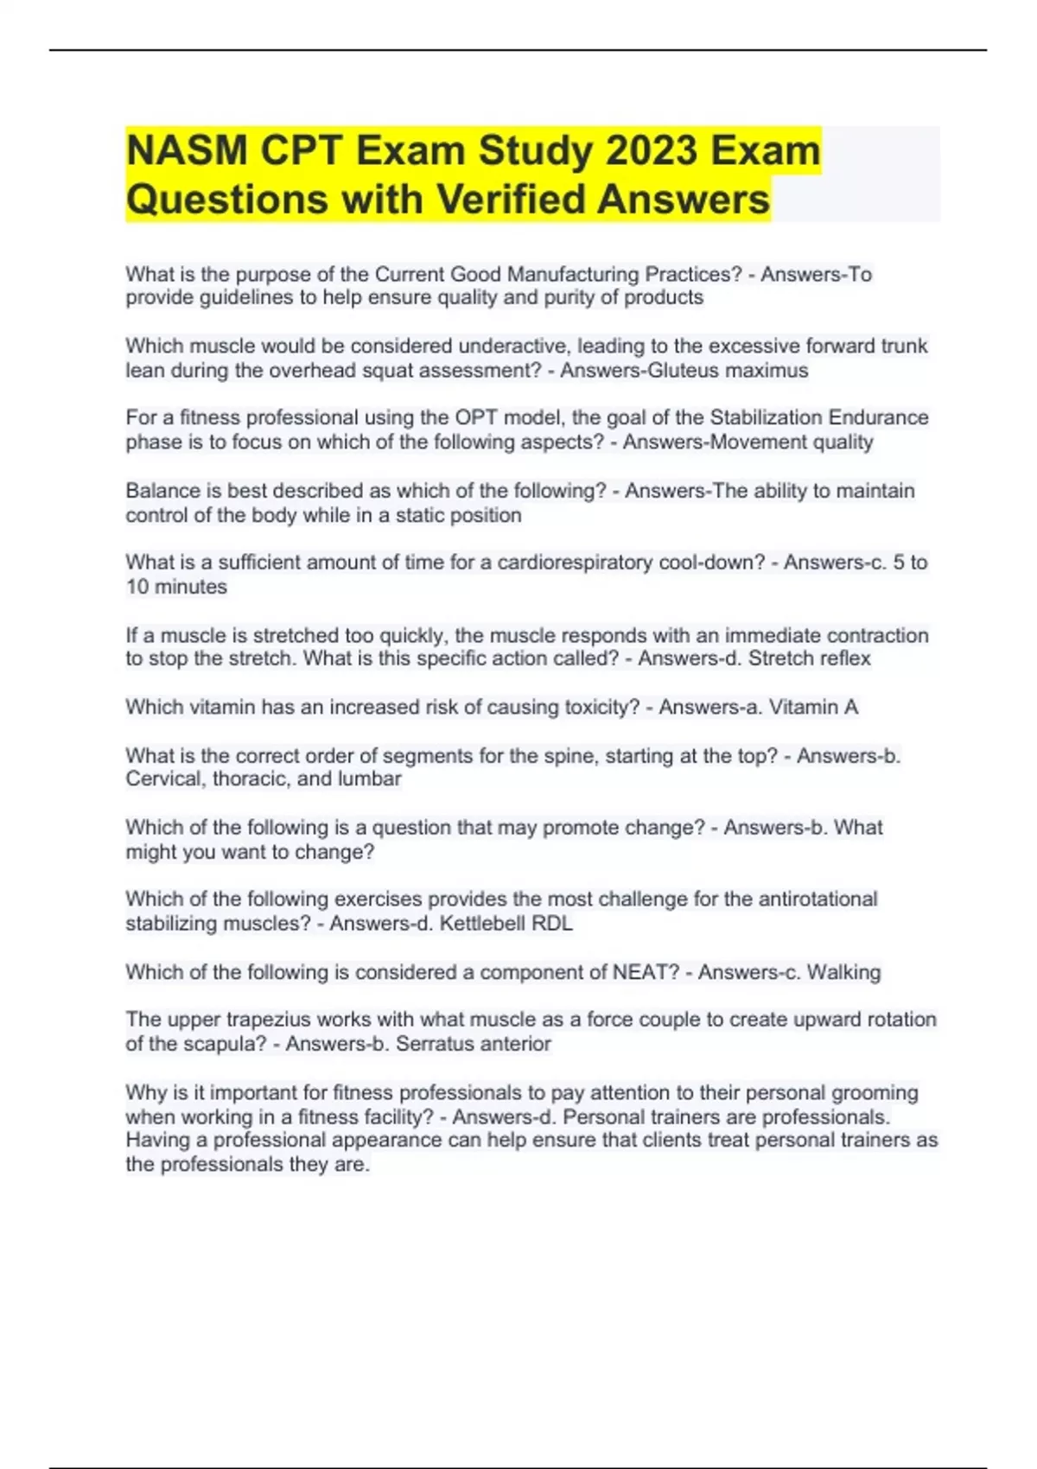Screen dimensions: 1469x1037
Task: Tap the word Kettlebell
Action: pyautogui.click(x=482, y=924)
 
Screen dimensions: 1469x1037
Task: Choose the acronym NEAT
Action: pyautogui.click(x=646, y=972)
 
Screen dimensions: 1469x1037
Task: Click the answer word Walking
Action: pyautogui.click(x=843, y=972)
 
